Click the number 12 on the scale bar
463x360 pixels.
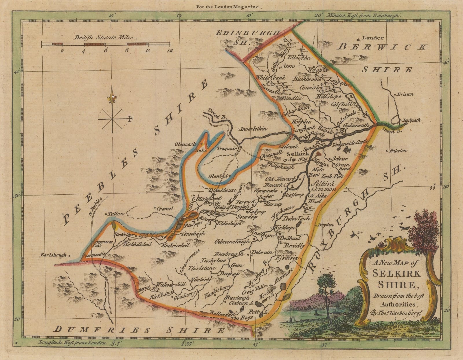tap(170, 50)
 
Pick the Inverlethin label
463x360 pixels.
tap(253, 129)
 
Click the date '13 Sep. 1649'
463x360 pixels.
tap(295, 160)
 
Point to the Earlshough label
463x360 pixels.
tap(54, 255)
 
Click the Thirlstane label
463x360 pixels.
tap(201, 268)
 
